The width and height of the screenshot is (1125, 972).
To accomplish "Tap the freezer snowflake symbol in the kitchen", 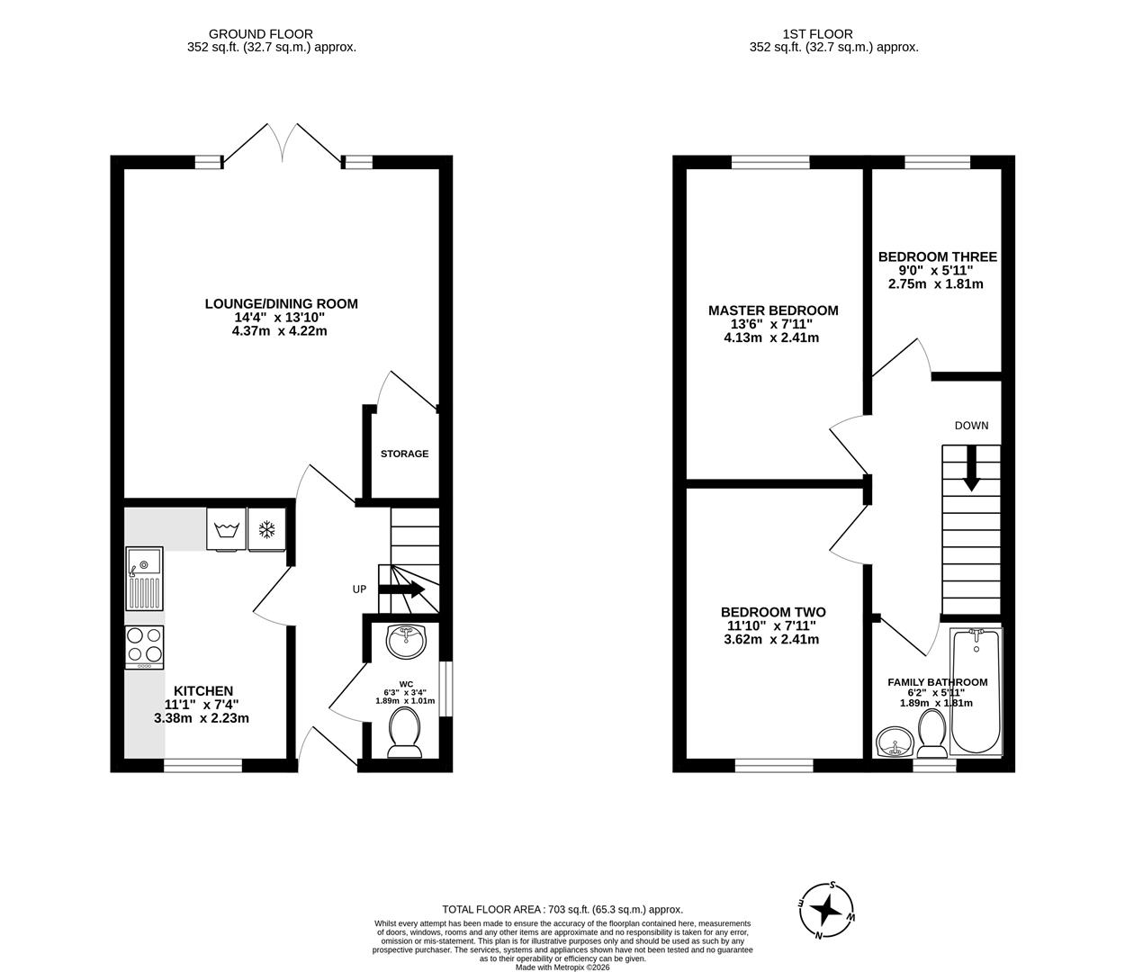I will (x=266, y=529).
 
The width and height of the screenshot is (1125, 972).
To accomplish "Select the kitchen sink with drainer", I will (x=144, y=578).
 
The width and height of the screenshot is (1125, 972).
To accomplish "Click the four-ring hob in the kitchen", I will (x=144, y=646).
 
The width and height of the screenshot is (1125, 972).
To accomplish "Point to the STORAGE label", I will (x=404, y=454).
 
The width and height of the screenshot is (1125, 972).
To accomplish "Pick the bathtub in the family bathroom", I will (x=976, y=691).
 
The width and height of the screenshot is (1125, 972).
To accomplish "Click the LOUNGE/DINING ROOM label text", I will (x=281, y=304).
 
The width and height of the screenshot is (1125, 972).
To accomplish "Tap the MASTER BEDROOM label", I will (x=773, y=310).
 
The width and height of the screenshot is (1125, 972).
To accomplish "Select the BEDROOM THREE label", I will (x=937, y=256).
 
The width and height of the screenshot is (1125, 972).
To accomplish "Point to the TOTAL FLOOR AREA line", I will (x=562, y=910).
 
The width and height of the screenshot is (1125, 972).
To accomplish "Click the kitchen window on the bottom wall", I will (x=202, y=766).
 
